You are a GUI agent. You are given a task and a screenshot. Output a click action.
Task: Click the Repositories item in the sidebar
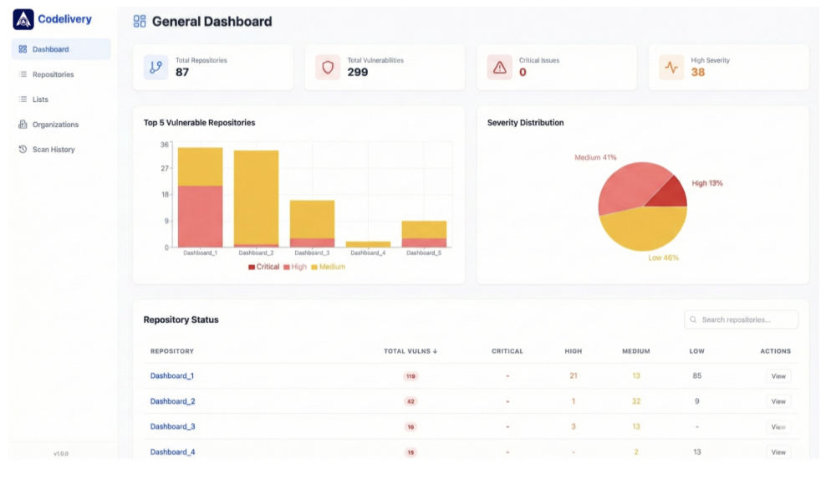click(x=53, y=74)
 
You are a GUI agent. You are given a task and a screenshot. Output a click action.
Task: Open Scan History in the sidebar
click(x=53, y=150)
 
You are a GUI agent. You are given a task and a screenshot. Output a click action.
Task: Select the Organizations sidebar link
click(x=55, y=125)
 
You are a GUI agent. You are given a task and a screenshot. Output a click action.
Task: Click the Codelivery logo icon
click(x=23, y=19)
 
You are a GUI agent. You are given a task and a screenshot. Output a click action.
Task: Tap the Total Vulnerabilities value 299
click(x=358, y=73)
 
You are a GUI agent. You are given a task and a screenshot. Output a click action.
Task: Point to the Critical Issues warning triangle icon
click(x=500, y=68)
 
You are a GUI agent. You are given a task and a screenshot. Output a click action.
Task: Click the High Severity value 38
click(x=697, y=73)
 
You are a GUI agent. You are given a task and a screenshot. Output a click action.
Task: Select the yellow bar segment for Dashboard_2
click(x=256, y=197)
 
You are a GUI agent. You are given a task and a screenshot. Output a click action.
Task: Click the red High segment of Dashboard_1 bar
click(x=200, y=216)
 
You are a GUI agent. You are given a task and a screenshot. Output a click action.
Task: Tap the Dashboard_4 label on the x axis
click(x=368, y=253)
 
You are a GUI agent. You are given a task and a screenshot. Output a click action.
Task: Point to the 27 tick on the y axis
click(x=165, y=168)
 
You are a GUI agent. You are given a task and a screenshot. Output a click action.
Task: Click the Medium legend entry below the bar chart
click(x=328, y=267)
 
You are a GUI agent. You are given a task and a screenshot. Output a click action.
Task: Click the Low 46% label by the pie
click(x=663, y=258)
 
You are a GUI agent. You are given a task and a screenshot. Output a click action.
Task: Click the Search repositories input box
click(x=741, y=319)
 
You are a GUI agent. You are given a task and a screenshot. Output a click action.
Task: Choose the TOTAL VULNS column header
click(x=410, y=351)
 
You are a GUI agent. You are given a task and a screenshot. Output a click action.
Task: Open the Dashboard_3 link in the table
click(x=172, y=426)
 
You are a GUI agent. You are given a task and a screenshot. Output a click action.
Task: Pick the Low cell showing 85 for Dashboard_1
click(x=696, y=376)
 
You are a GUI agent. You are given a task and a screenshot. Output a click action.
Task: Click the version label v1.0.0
click(x=61, y=453)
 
